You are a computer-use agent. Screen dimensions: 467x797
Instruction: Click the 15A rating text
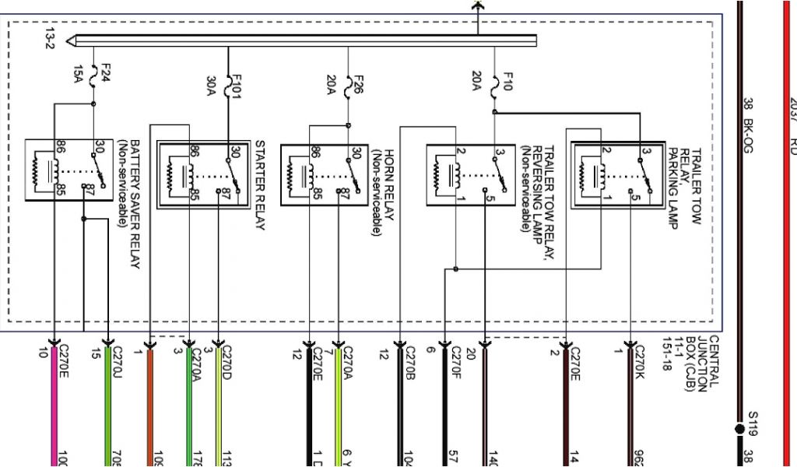(x=78, y=73)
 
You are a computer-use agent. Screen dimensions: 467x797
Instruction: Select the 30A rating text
(x=211, y=86)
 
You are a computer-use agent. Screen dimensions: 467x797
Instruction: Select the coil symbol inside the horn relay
(x=294, y=174)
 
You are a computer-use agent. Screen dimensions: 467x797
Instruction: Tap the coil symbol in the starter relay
(x=171, y=174)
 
